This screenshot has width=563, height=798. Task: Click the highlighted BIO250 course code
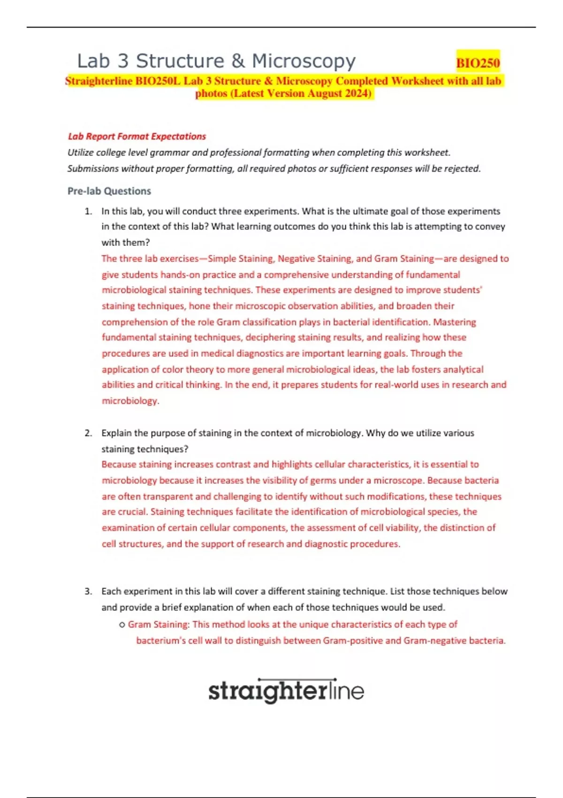click(x=478, y=62)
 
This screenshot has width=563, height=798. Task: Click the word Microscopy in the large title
click(x=304, y=61)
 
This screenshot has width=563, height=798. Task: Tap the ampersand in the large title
click(x=238, y=61)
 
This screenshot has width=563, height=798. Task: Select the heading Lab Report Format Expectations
click(x=137, y=137)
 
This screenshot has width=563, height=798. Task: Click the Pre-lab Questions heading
click(x=109, y=191)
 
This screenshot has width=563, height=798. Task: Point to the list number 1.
click(x=88, y=211)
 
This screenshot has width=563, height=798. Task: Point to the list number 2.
click(x=88, y=433)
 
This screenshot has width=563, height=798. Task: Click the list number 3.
click(x=88, y=591)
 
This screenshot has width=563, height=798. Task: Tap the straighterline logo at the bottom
click(x=286, y=691)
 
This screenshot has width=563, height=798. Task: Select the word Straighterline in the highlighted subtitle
click(x=99, y=81)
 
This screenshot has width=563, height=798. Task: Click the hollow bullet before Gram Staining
click(x=122, y=625)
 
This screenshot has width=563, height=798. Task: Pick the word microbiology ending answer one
click(x=130, y=401)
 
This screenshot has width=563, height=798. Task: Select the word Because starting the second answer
click(x=119, y=464)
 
